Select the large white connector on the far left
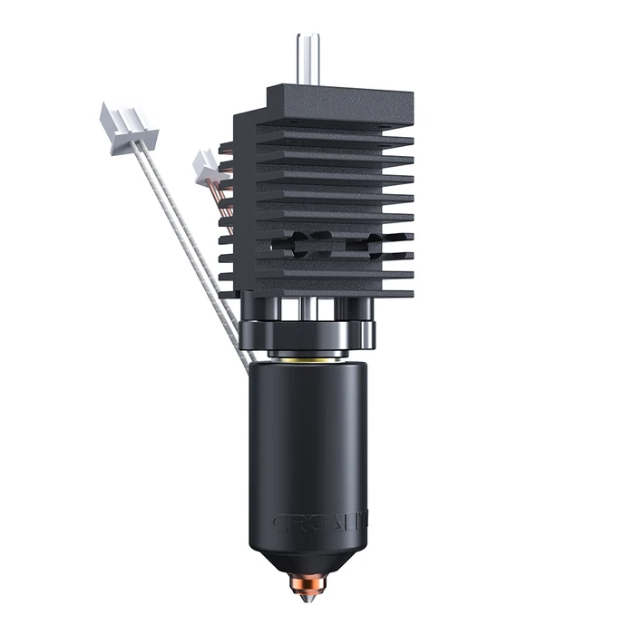[x=126, y=126]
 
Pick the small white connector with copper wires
[x=208, y=168]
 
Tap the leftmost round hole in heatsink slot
[x=292, y=243]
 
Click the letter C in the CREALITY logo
[x=278, y=523]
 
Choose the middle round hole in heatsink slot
[x=321, y=243]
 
